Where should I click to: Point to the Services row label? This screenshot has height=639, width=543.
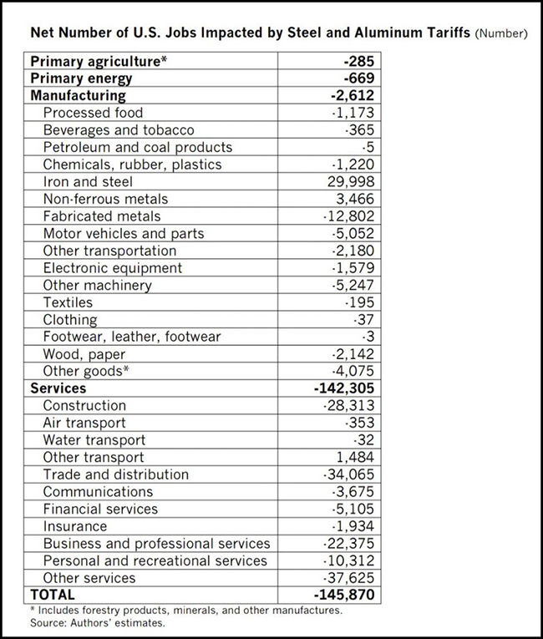[x=58, y=388]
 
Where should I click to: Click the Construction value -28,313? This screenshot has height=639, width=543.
[x=353, y=406]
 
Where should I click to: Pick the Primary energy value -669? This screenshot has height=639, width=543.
[x=361, y=79]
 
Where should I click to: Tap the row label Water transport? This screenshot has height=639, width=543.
[x=94, y=440]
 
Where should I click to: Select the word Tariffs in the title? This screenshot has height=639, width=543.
[x=439, y=34]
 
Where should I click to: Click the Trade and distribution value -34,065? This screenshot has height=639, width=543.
[x=353, y=474]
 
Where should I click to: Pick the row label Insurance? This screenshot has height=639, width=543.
[x=75, y=526]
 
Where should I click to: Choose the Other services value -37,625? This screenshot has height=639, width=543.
[x=353, y=578]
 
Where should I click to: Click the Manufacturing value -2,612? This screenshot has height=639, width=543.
[x=356, y=95]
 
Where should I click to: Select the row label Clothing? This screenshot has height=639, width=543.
[x=70, y=320]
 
